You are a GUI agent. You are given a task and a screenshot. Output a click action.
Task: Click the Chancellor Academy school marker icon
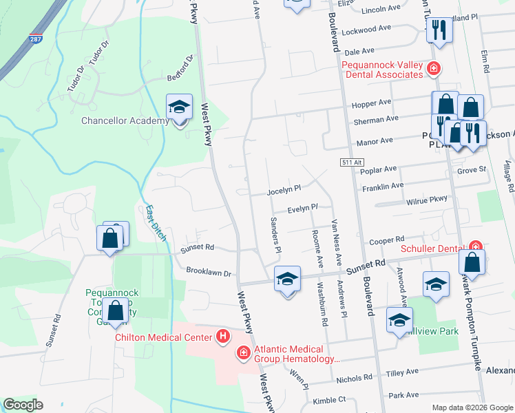point(179,107)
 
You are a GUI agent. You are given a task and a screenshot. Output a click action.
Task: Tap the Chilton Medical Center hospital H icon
point(223,336)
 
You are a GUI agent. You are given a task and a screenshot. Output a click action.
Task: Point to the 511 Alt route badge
point(350,162)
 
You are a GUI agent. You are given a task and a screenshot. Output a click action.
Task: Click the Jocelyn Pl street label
point(285,188)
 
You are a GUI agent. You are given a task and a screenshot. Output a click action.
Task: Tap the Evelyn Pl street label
point(303,207)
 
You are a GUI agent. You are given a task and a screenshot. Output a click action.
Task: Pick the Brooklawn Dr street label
point(209,273)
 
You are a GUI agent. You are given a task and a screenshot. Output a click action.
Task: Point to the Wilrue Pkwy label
point(427,200)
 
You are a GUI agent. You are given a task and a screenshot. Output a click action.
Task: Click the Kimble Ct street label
point(328,400)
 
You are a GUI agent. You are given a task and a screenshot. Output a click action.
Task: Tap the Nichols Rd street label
point(354,378)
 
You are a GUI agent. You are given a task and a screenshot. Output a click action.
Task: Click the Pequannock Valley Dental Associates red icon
point(434,68)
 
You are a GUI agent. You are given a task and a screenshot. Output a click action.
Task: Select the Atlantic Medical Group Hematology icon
point(242,353)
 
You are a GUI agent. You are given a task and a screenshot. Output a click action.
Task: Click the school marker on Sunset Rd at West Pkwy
point(288,279)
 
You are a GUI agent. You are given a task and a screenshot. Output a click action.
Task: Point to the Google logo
point(23,405)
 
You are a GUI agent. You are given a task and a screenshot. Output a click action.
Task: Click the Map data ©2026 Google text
point(472,407)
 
